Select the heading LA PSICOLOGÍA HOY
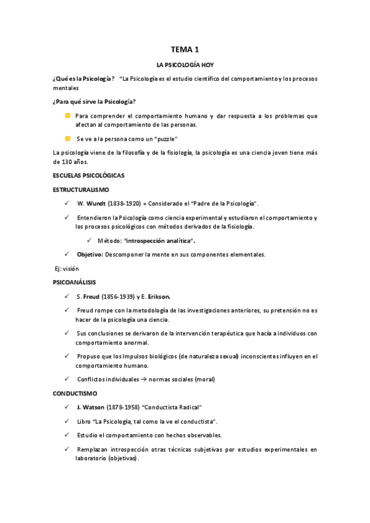(x=185, y=64)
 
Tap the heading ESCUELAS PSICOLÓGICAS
(x=88, y=176)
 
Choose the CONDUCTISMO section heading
(x=74, y=393)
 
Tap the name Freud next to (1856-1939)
(x=93, y=296)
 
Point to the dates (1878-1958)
(x=124, y=407)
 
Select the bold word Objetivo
(x=90, y=254)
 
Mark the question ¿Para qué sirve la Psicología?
(x=95, y=101)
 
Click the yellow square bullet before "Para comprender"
(x=67, y=116)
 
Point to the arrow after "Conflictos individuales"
(x=144, y=379)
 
